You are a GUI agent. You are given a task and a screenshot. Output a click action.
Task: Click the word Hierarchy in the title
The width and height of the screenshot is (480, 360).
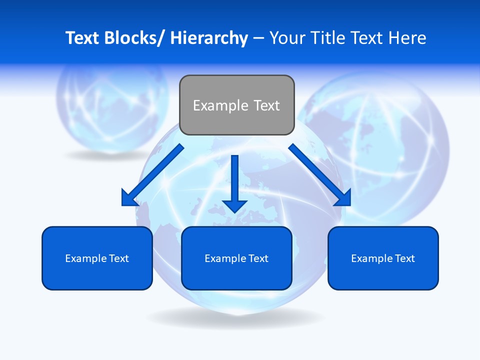pyautogui.click(x=209, y=38)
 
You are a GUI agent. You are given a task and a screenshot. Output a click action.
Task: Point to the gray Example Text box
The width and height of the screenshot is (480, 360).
pyautogui.click(x=236, y=105)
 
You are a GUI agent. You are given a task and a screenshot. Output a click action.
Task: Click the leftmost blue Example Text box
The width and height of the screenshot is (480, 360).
pyautogui.click(x=97, y=258)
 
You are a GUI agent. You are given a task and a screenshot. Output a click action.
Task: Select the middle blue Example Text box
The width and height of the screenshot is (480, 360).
pyautogui.click(x=236, y=258)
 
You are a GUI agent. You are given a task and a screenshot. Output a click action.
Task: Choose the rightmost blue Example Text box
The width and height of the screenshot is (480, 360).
pyautogui.click(x=383, y=258)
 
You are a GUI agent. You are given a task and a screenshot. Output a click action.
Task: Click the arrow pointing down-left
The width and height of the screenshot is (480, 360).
pyautogui.click(x=152, y=175)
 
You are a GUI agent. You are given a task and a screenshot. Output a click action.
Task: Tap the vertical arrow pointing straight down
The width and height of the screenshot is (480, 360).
pyautogui.click(x=235, y=180)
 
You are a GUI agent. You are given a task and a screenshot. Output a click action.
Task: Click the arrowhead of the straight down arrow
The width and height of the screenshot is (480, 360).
pyautogui.click(x=235, y=205)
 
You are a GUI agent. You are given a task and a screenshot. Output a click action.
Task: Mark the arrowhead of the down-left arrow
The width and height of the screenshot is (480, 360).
pyautogui.click(x=129, y=198)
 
